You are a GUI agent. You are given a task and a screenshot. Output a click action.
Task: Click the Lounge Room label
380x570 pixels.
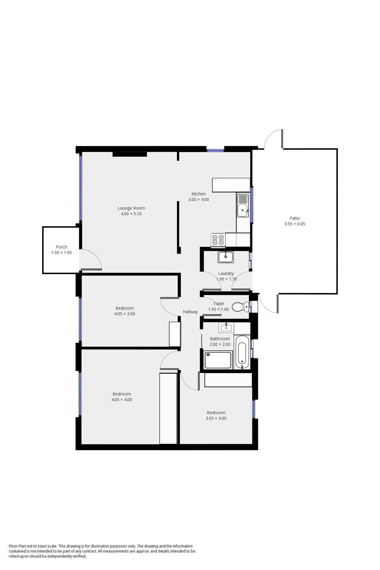pos(131,208)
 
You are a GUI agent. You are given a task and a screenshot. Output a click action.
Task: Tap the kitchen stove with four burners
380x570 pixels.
pos(218,240)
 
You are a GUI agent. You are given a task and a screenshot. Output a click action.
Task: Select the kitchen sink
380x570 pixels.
pos(243,205)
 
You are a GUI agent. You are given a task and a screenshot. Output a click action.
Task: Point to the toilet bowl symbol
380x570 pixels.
pos(240,307)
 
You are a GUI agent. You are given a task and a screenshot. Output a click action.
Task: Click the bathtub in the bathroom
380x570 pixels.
pos(242,353)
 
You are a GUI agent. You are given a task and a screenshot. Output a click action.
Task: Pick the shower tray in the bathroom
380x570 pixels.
pos(218,360)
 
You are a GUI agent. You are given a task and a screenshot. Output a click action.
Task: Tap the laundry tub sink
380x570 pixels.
pos(226,257)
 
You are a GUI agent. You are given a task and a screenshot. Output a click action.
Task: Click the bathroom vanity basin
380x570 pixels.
pos(226,327)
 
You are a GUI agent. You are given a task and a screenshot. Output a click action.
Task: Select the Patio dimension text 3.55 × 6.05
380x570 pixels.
pos(294,224)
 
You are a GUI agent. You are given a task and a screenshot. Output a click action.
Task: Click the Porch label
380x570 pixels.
pos(61,247)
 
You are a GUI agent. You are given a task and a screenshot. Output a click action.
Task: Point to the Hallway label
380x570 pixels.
pos(190,312)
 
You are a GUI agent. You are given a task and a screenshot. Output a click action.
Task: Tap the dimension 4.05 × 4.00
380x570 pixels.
pos(122,400)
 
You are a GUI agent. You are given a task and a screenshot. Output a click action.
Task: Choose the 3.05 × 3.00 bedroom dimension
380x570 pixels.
pos(216,418)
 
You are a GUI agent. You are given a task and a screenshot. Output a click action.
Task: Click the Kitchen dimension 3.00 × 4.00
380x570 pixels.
pos(198,199)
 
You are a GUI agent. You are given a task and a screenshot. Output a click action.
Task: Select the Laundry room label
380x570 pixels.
pos(226,273)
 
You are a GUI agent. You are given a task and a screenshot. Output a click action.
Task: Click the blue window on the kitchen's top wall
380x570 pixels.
pos(215,150)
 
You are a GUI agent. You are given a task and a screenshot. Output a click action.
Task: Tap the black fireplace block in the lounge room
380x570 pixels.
pos(130,154)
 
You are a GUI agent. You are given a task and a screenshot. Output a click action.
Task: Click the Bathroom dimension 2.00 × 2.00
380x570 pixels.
pos(220,344)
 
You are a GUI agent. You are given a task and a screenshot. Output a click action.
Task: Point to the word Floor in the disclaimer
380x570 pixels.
pos(13,546)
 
